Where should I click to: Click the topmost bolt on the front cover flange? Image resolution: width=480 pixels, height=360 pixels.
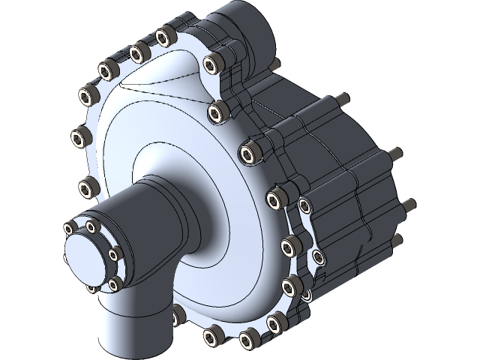163,35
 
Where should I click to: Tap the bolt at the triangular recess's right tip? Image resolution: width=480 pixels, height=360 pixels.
217,112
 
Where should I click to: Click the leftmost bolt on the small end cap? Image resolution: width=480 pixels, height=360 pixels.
70,228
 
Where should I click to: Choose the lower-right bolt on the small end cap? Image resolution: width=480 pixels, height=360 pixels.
115,283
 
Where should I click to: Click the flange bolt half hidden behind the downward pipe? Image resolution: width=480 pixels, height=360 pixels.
178,313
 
